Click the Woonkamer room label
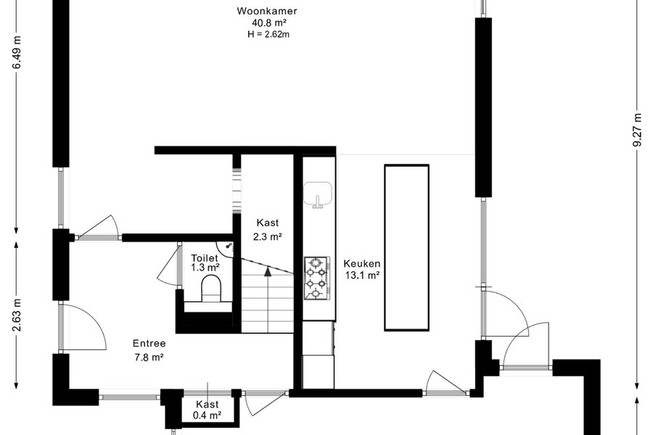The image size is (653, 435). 267,11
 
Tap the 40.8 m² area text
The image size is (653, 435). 268,23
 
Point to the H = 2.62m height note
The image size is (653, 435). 268,34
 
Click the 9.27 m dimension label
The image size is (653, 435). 637,130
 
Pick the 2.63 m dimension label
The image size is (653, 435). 16,315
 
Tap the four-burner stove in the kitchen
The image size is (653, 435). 317,278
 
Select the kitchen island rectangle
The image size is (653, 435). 406,248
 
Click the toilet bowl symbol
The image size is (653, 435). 212,288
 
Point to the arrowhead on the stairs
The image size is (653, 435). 268,271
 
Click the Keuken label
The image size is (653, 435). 362,263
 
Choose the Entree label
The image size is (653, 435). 149,344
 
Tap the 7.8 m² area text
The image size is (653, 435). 149,357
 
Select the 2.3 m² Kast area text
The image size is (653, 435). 267,237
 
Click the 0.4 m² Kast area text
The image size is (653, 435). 207,415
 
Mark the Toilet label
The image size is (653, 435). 205,258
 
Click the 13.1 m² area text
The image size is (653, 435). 362,275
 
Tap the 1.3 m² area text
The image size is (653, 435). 205,268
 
